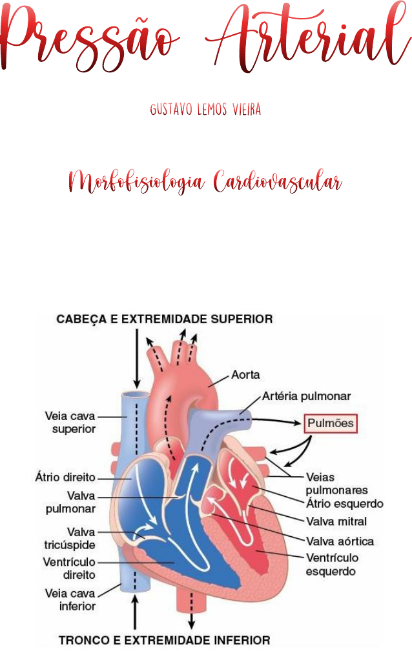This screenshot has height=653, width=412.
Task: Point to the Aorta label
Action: pyautogui.click(x=245, y=375)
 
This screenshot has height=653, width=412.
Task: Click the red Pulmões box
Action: pyautogui.click(x=330, y=424)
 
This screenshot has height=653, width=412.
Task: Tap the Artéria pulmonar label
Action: pyautogui.click(x=307, y=396)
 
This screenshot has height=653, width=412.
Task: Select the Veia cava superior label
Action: pyautogui.click(x=70, y=423)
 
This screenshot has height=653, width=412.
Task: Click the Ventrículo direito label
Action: pyautogui.click(x=70, y=568)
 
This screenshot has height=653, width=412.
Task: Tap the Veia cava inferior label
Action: pyautogui.click(x=70, y=599)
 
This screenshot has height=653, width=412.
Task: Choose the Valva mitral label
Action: pyautogui.click(x=336, y=521)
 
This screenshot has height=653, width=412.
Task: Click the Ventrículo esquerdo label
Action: pyautogui.click(x=332, y=564)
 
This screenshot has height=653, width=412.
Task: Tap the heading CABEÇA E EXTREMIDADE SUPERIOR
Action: pyautogui.click(x=165, y=319)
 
